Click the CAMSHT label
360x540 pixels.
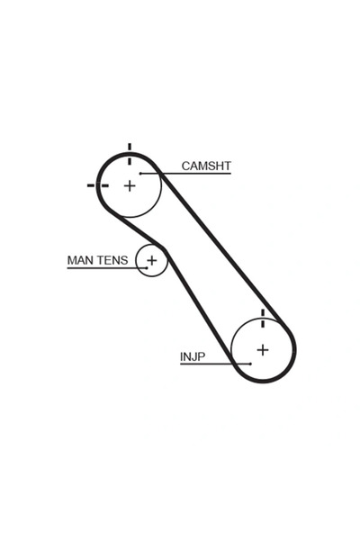206,166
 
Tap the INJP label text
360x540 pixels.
193,356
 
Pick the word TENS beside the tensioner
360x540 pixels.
111,260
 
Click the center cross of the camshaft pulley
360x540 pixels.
130,186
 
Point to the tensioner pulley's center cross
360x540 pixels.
151,260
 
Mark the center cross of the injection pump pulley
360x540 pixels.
263,350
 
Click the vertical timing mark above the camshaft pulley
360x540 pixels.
130,154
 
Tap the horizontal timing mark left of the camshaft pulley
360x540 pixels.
98,185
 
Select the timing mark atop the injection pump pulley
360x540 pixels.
263,319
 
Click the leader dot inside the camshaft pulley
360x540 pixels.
140,173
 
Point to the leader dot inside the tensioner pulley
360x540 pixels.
147,268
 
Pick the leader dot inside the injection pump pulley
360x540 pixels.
251,364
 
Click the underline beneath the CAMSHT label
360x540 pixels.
185,173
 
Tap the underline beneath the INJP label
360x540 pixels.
215,364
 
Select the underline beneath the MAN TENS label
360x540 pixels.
107,268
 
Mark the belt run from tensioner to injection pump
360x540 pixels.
200,307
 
